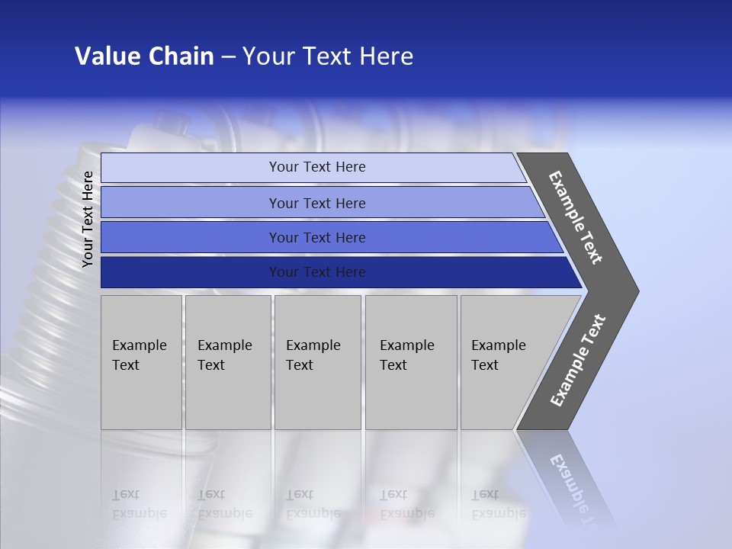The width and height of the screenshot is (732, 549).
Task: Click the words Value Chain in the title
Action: point(144,56)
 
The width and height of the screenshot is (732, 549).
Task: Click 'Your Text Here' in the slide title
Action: point(328,56)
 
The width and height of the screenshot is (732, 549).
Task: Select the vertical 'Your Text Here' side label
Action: point(88,219)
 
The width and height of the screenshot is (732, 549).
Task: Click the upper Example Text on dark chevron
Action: point(576,218)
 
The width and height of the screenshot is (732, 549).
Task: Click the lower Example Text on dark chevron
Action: point(577,361)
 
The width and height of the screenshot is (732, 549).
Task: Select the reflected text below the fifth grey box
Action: point(496,504)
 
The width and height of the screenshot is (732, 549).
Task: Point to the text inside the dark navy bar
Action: point(317,272)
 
